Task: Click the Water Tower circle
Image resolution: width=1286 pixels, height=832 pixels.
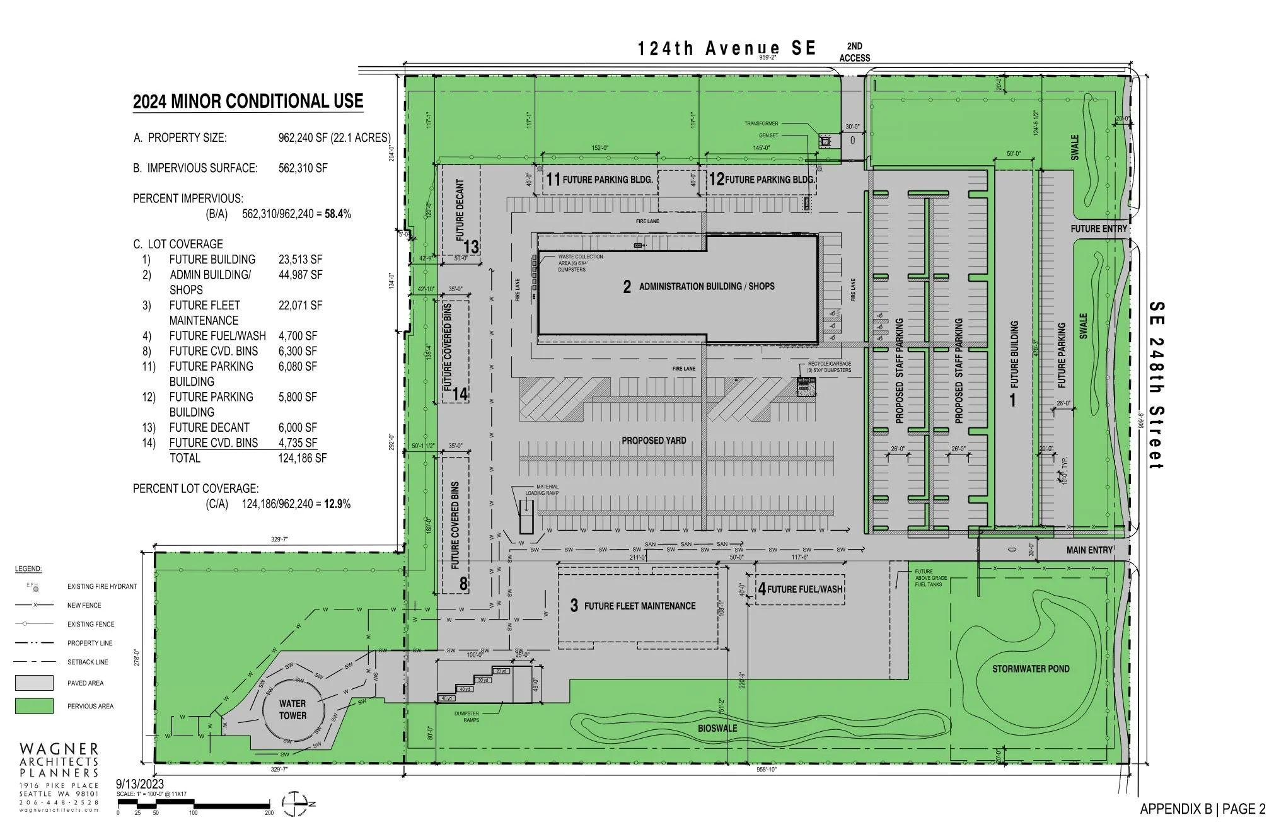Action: click(293, 710)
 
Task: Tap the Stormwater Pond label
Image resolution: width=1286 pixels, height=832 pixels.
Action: click(1031, 669)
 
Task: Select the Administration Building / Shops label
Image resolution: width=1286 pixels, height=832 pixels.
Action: click(706, 286)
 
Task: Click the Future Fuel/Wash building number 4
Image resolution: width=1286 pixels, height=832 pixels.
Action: click(762, 589)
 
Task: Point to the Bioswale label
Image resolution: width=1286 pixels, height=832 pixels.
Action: click(717, 728)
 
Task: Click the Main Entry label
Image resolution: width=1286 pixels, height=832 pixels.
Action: click(1089, 550)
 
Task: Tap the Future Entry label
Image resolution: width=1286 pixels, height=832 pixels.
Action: click(1098, 229)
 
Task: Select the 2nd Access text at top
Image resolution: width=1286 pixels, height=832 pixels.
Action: click(854, 52)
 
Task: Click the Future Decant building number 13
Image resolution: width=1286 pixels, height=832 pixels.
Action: click(471, 247)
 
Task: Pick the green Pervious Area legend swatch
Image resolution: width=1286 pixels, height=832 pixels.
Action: click(34, 706)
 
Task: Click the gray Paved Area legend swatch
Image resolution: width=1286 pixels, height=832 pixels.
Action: click(34, 683)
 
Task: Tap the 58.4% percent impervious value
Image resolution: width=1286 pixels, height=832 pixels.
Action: click(338, 214)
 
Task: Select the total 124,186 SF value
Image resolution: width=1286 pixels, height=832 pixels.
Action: click(303, 458)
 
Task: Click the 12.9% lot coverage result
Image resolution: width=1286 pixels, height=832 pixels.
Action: click(337, 504)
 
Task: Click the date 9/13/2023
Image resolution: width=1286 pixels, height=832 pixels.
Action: click(140, 784)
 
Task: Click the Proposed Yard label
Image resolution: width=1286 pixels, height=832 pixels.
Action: click(654, 441)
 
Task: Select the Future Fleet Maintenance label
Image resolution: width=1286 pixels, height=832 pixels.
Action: click(639, 606)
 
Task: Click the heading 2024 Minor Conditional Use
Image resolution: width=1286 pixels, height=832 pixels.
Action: click(248, 101)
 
